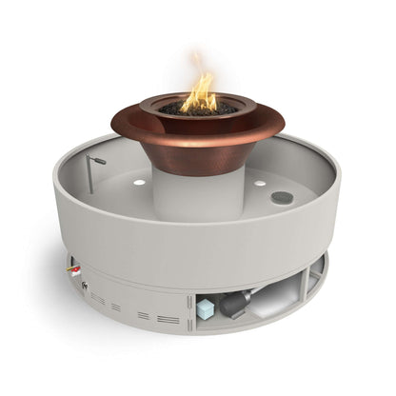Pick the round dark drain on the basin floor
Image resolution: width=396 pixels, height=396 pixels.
281,198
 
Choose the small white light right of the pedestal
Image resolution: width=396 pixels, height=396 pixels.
259,183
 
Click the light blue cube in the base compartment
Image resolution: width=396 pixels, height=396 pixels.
205,309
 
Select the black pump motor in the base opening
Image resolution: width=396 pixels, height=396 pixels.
234,304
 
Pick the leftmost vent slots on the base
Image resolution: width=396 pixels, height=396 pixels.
98,298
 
